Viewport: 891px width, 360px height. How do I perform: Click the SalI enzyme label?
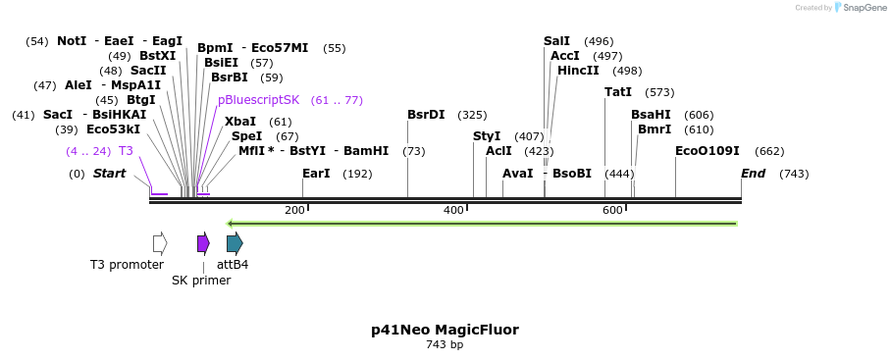556,41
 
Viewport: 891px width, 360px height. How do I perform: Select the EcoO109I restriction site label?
707,151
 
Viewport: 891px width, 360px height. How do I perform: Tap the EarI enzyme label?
316,174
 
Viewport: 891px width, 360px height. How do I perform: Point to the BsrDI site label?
426,115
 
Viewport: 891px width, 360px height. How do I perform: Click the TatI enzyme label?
618,92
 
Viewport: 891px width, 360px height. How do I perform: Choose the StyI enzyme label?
487,136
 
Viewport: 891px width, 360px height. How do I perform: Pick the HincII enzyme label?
578,71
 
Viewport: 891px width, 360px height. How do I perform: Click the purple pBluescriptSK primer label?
259,100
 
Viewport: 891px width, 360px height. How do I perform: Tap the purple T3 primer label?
126,151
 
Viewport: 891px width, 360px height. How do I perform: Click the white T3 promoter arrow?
160,243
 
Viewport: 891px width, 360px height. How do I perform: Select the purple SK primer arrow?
203,243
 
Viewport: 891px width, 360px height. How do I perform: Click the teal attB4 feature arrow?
235,243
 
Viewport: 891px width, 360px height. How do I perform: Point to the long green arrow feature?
481,224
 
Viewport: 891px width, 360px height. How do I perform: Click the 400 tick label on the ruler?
453,211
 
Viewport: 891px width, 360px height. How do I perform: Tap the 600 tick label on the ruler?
612,211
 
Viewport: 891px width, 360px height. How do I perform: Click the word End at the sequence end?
753,174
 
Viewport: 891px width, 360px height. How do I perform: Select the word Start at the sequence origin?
109,174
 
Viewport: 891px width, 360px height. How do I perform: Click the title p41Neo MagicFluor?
445,330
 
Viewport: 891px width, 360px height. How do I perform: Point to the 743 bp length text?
445,345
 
